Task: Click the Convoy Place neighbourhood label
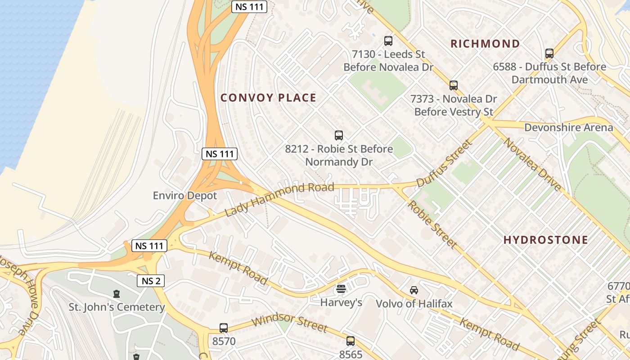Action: [x=268, y=98]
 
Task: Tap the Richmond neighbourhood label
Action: [x=485, y=44]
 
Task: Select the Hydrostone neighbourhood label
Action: [x=545, y=240]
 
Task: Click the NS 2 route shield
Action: [x=151, y=281]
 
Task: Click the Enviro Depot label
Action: [x=184, y=196]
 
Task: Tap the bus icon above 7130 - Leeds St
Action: [x=388, y=41]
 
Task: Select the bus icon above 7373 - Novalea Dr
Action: [x=454, y=85]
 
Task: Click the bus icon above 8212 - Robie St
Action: [x=339, y=135]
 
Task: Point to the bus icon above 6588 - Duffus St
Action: [x=549, y=54]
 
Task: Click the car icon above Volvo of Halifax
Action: [x=414, y=290]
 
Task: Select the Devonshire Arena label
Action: [x=568, y=127]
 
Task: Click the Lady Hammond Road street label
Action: [x=279, y=199]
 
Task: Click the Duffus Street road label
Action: [x=445, y=163]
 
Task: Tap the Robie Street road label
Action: [x=432, y=224]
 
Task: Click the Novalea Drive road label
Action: [x=532, y=164]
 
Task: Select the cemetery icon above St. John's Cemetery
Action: [x=117, y=294]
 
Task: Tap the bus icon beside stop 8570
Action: [x=224, y=328]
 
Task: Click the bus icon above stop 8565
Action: [x=351, y=341]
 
